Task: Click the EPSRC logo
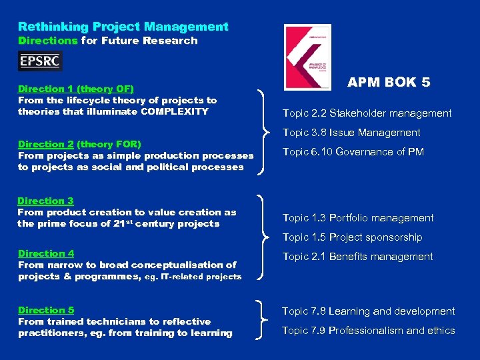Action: (x=40, y=61)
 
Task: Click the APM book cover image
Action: (x=307, y=57)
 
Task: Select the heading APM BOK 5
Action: (x=389, y=83)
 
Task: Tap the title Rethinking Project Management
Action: (x=123, y=27)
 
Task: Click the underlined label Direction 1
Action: (x=47, y=89)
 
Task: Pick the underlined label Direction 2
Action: (x=46, y=144)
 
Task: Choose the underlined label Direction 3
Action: (x=45, y=201)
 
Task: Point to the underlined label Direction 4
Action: (x=46, y=253)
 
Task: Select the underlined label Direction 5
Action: (x=46, y=310)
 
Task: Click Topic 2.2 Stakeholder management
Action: (x=367, y=113)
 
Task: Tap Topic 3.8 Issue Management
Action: (x=351, y=133)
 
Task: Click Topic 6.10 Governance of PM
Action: (x=353, y=152)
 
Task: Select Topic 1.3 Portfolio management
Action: (x=357, y=218)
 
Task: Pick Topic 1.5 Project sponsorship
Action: (x=352, y=237)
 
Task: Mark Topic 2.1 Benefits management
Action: (x=357, y=257)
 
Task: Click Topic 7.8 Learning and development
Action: (x=368, y=311)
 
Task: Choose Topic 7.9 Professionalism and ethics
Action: (x=368, y=331)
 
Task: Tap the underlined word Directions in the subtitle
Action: (x=48, y=41)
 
